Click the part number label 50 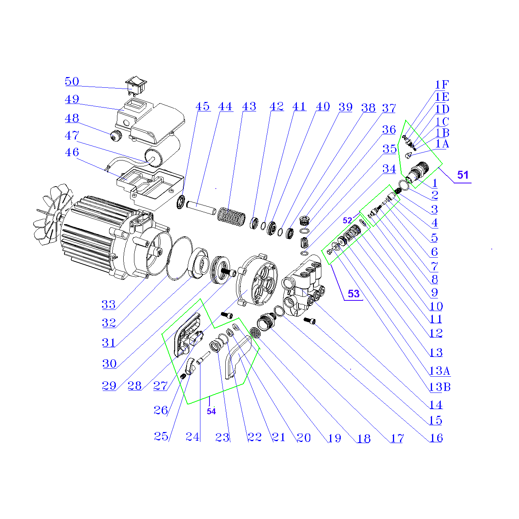click(72, 81)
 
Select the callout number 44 click(225, 106)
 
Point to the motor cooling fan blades click(51, 215)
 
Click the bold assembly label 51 click(462, 175)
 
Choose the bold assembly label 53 click(353, 293)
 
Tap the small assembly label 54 click(211, 411)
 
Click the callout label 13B click(440, 387)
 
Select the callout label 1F click(442, 85)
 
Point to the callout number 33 click(108, 305)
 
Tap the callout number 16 click(436, 438)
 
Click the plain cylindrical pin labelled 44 click(201, 208)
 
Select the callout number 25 click(161, 436)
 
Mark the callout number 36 click(389, 130)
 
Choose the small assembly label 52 click(347, 220)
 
